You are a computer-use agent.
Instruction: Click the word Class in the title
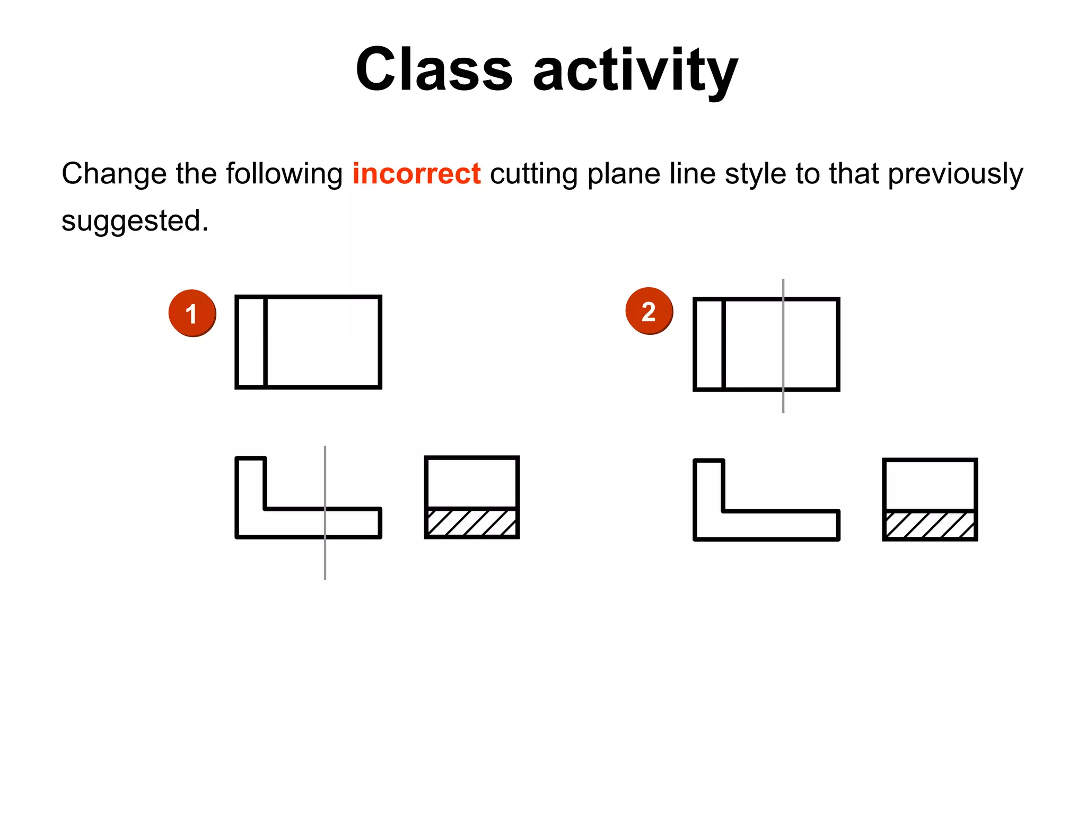tap(434, 70)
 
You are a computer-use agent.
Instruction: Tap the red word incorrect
tap(417, 174)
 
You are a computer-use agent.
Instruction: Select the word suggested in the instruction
tap(134, 220)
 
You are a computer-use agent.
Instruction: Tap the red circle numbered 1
tap(192, 313)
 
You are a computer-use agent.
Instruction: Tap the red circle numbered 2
tap(649, 311)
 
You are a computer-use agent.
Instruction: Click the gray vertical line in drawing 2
tap(783, 403)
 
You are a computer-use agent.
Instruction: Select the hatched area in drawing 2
tap(930, 525)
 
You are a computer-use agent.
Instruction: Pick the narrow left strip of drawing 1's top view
tap(251, 342)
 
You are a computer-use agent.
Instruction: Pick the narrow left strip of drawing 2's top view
tap(709, 344)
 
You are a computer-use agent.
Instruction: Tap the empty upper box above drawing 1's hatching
tap(472, 482)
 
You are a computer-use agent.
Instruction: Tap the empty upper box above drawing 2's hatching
tap(930, 484)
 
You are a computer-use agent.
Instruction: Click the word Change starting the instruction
tap(113, 174)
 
